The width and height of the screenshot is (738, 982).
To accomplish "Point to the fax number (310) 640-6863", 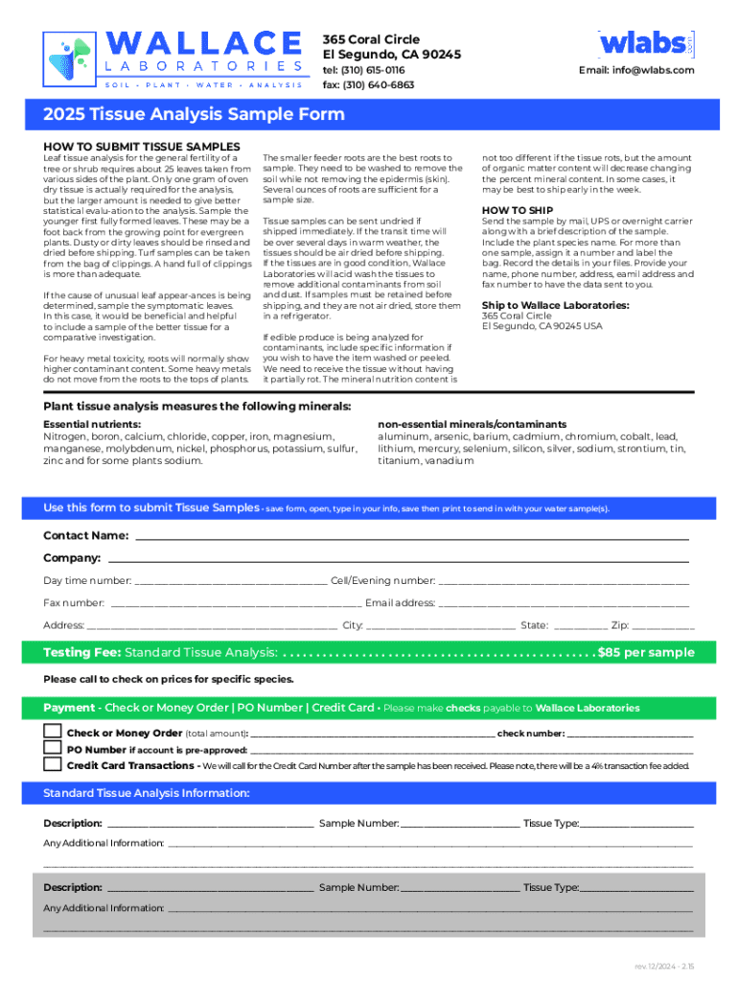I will (x=368, y=84).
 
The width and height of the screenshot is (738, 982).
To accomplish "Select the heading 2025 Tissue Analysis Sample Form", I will (x=194, y=115).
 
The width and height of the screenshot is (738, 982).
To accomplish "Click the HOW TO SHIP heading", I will (x=517, y=209).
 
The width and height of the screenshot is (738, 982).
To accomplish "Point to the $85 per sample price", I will (x=645, y=652).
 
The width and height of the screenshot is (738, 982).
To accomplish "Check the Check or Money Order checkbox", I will (x=52, y=732).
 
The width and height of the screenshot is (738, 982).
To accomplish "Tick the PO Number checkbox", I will (x=52, y=748).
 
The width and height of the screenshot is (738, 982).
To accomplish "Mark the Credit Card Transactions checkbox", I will (x=52, y=764).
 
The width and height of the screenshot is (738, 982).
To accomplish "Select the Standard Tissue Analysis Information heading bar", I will (x=368, y=793).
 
